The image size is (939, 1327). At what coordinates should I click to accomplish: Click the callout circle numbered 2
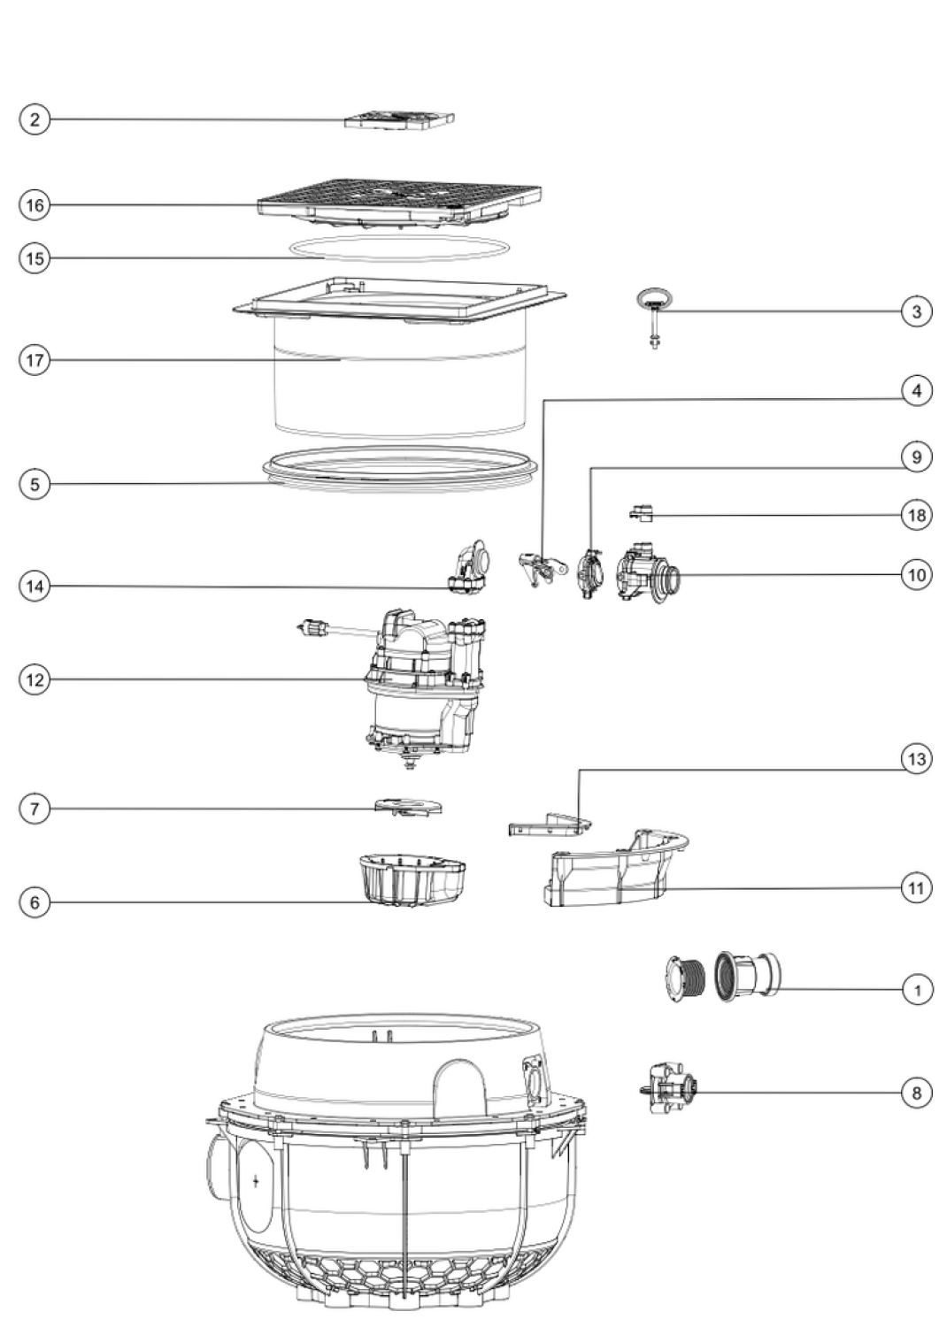click(35, 119)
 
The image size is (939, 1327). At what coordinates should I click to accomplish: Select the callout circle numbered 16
click(35, 205)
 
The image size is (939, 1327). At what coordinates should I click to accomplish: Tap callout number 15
click(35, 258)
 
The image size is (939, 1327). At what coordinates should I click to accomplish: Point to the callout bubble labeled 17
click(35, 359)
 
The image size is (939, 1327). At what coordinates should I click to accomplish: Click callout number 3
click(917, 311)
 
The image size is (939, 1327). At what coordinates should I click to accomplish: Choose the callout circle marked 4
click(917, 391)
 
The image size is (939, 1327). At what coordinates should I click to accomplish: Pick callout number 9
click(917, 456)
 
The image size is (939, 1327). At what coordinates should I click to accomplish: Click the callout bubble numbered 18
click(917, 515)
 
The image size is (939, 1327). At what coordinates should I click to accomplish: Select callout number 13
click(917, 758)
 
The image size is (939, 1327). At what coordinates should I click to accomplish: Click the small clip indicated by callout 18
click(642, 513)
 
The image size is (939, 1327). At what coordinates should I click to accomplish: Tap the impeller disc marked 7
click(409, 808)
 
